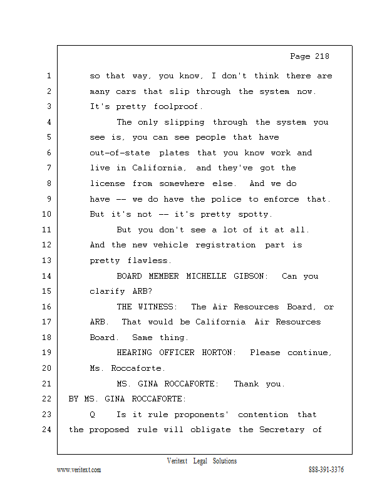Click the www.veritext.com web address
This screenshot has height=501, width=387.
[79, 470]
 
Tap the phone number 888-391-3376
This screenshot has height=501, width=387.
[326, 470]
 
